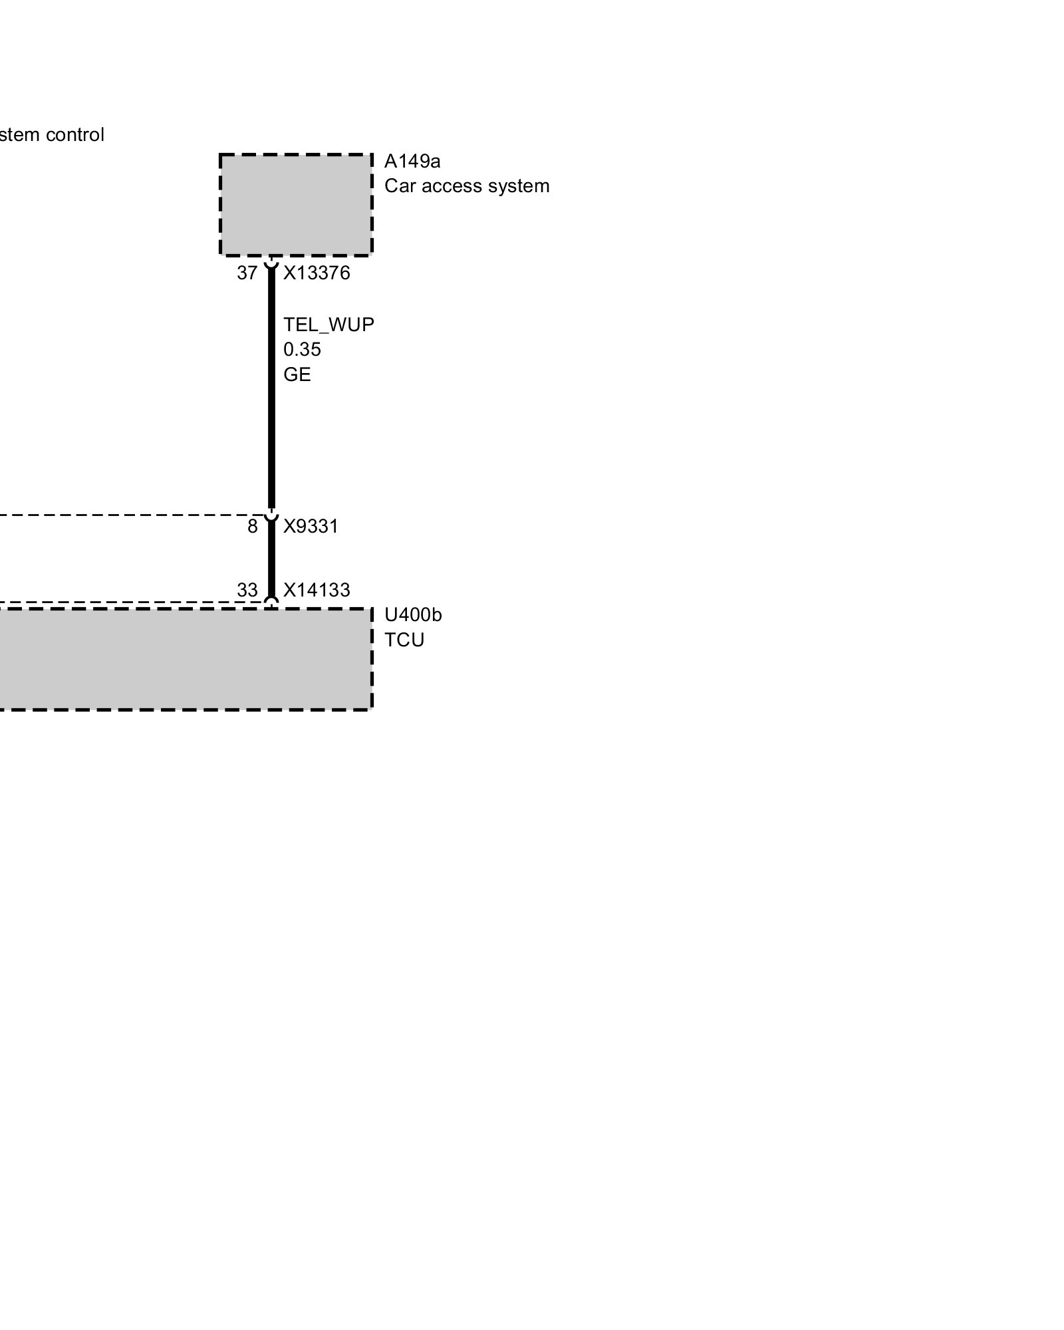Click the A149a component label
pyautogui.click(x=412, y=162)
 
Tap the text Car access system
pyautogui.click(x=466, y=186)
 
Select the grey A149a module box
pyautogui.click(x=295, y=205)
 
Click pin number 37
pyautogui.click(x=247, y=273)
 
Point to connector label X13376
pyautogui.click(x=317, y=273)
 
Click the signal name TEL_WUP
pyautogui.click(x=329, y=325)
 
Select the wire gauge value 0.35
pyautogui.click(x=302, y=350)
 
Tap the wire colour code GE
pyautogui.click(x=297, y=375)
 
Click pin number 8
pyautogui.click(x=252, y=527)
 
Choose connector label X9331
pyautogui.click(x=311, y=527)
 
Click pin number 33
pyautogui.click(x=247, y=590)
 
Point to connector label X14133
pyautogui.click(x=317, y=590)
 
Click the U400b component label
pyautogui.click(x=412, y=615)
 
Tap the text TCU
pyautogui.click(x=404, y=640)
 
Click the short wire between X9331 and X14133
pyautogui.click(x=271, y=559)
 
